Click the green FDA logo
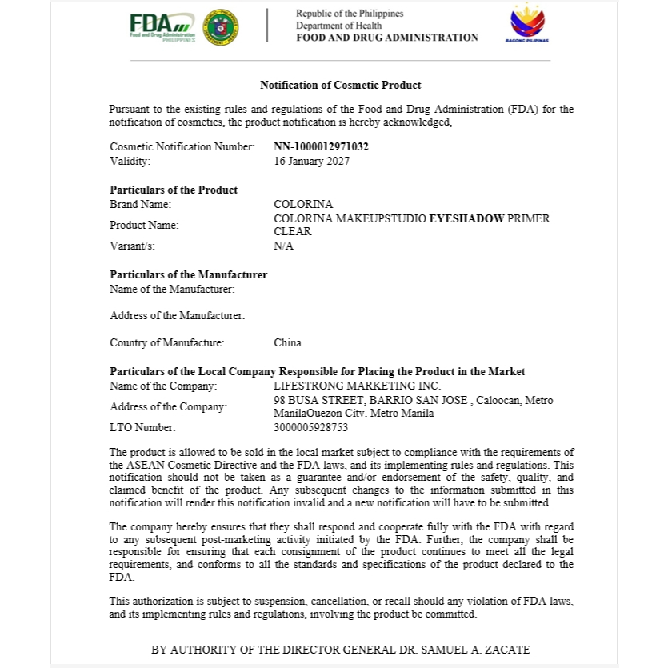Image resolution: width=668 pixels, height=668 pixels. click(x=162, y=26)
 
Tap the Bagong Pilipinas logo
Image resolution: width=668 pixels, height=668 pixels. click(x=527, y=24)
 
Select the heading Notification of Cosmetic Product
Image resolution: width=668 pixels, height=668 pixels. click(x=341, y=85)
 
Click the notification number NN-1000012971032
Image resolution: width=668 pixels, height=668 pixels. click(x=321, y=147)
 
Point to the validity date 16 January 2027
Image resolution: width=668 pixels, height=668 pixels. click(x=311, y=161)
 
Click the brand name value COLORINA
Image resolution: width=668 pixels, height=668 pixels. click(x=303, y=205)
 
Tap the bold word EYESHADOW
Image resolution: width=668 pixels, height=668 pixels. click(x=467, y=218)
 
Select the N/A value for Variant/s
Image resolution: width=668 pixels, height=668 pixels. click(x=283, y=246)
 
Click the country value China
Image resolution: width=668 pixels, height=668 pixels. click(x=287, y=343)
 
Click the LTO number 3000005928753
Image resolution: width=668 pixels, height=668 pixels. click(x=310, y=428)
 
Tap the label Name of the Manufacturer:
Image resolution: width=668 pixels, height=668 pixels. click(x=172, y=289)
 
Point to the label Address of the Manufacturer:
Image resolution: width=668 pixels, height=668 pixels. click(x=177, y=316)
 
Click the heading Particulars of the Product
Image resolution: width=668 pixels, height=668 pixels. click(x=174, y=190)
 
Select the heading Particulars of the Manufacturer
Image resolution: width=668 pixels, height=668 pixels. click(x=188, y=275)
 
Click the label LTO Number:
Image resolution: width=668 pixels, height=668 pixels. click(x=142, y=428)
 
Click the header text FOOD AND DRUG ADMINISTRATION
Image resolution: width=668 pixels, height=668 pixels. click(x=386, y=38)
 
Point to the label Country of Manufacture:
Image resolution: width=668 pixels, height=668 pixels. click(x=166, y=343)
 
